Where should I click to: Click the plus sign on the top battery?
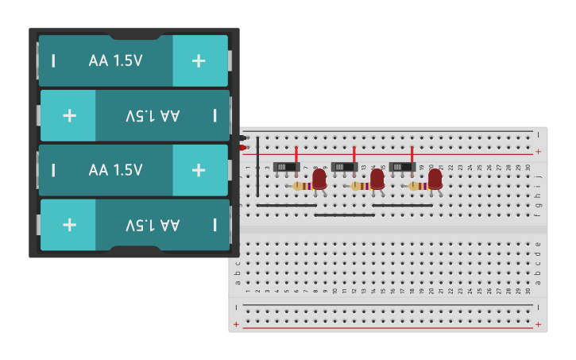click(199, 60)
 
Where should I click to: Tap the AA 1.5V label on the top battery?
click(116, 60)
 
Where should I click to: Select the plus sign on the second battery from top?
click(69, 115)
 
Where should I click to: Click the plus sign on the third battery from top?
click(199, 170)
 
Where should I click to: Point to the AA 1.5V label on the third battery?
click(116, 170)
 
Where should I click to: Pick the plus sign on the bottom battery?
click(69, 225)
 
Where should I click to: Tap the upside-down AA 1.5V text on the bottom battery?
click(153, 225)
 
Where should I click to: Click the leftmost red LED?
click(319, 179)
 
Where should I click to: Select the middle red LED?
click(377, 179)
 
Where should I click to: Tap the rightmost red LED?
click(435, 179)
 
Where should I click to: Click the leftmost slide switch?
click(286, 167)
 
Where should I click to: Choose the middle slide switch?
click(344, 167)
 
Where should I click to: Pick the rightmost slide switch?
click(402, 167)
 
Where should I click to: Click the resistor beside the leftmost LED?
click(300, 186)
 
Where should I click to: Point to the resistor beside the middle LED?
click(358, 186)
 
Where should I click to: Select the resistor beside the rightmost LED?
click(416, 186)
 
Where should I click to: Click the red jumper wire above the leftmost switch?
click(296, 154)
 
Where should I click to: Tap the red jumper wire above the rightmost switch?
click(412, 154)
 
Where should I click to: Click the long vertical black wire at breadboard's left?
click(257, 167)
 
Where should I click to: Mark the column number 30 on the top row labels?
click(528, 167)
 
